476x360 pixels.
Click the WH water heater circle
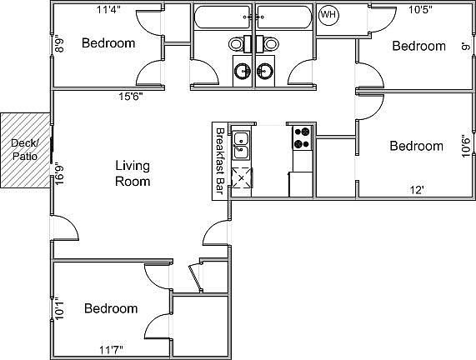[328, 15]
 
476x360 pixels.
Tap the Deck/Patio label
[23, 149]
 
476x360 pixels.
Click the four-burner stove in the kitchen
[301, 137]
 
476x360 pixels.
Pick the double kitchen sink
[241, 145]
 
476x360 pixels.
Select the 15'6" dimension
[129, 96]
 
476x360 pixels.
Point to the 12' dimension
[418, 189]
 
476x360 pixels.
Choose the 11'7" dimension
[113, 349]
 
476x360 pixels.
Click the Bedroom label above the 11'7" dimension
[111, 308]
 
